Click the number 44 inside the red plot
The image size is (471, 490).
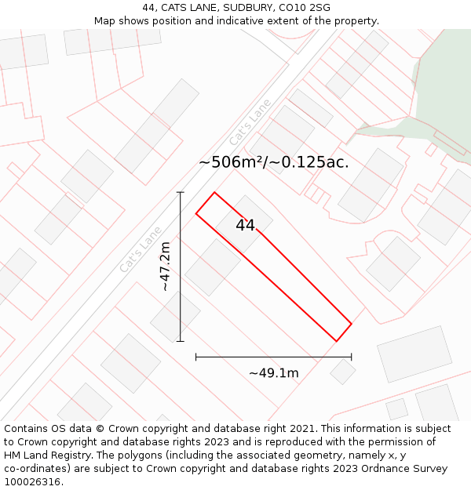(245, 225)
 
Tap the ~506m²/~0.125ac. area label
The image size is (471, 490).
(273, 162)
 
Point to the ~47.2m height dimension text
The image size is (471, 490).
(166, 267)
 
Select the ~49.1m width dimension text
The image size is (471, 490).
(273, 373)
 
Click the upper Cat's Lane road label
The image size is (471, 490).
(250, 122)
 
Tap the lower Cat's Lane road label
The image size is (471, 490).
(141, 249)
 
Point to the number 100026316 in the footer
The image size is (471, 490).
(31, 481)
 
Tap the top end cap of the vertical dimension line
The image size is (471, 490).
(181, 192)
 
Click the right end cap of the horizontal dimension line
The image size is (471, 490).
(351, 357)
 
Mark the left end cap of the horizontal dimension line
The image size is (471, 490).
(196, 357)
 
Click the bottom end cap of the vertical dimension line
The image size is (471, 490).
(181, 341)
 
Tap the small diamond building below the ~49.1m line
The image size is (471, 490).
(342, 372)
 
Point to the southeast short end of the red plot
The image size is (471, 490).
(344, 332)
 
